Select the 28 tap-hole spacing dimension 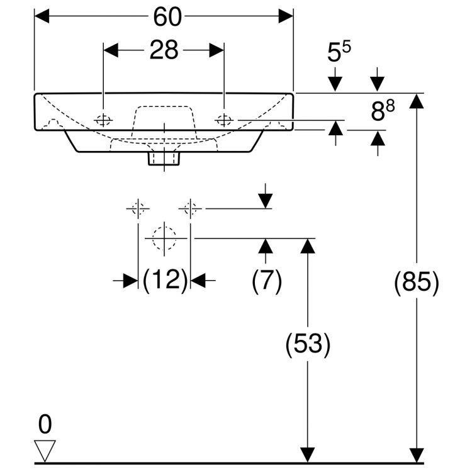[x=164, y=50]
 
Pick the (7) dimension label [x=267, y=281]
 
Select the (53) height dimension [x=308, y=344]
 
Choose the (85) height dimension [x=416, y=284]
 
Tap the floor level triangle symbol [x=45, y=450]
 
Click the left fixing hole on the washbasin [x=103, y=120]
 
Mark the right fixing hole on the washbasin [x=224, y=119]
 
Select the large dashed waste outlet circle [x=164, y=239]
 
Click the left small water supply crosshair [x=138, y=208]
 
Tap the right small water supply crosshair [x=191, y=208]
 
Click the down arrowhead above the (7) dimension [x=266, y=200]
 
